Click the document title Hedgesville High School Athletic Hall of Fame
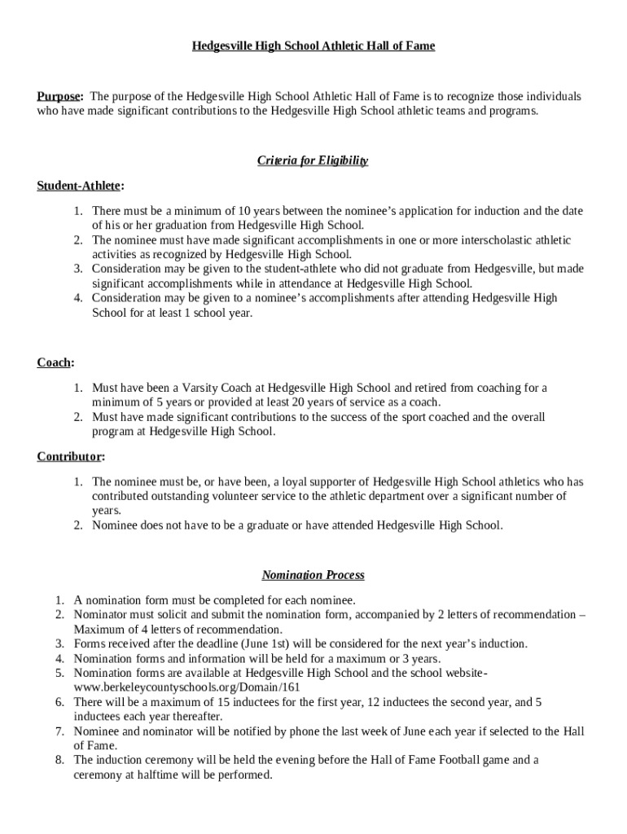313,46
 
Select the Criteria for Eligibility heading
313,160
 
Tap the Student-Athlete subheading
79,186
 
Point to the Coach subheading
55,362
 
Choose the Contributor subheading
68,456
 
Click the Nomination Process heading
313,575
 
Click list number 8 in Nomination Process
59,760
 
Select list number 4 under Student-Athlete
77,298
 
